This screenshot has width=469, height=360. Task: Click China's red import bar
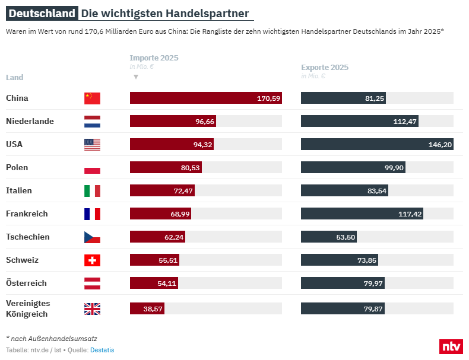(205, 98)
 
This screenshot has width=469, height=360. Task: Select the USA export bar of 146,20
(377, 145)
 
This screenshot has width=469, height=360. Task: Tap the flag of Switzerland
(92, 260)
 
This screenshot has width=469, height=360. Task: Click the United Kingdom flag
(92, 309)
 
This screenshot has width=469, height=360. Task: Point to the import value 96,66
(205, 122)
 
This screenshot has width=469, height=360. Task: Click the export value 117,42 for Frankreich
(409, 214)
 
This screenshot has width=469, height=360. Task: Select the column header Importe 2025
(154, 58)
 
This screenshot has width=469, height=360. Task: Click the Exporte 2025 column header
(325, 68)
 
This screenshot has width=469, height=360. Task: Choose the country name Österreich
(26, 283)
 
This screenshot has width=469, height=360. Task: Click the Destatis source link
(102, 350)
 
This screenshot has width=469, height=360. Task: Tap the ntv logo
(451, 346)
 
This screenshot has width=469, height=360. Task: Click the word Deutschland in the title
(43, 14)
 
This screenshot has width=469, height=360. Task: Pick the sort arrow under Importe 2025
(136, 77)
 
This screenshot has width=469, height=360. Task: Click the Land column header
(15, 78)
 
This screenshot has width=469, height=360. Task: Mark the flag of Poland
(92, 168)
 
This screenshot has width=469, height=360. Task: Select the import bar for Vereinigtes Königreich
(147, 308)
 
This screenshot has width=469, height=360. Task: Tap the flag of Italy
(92, 191)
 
